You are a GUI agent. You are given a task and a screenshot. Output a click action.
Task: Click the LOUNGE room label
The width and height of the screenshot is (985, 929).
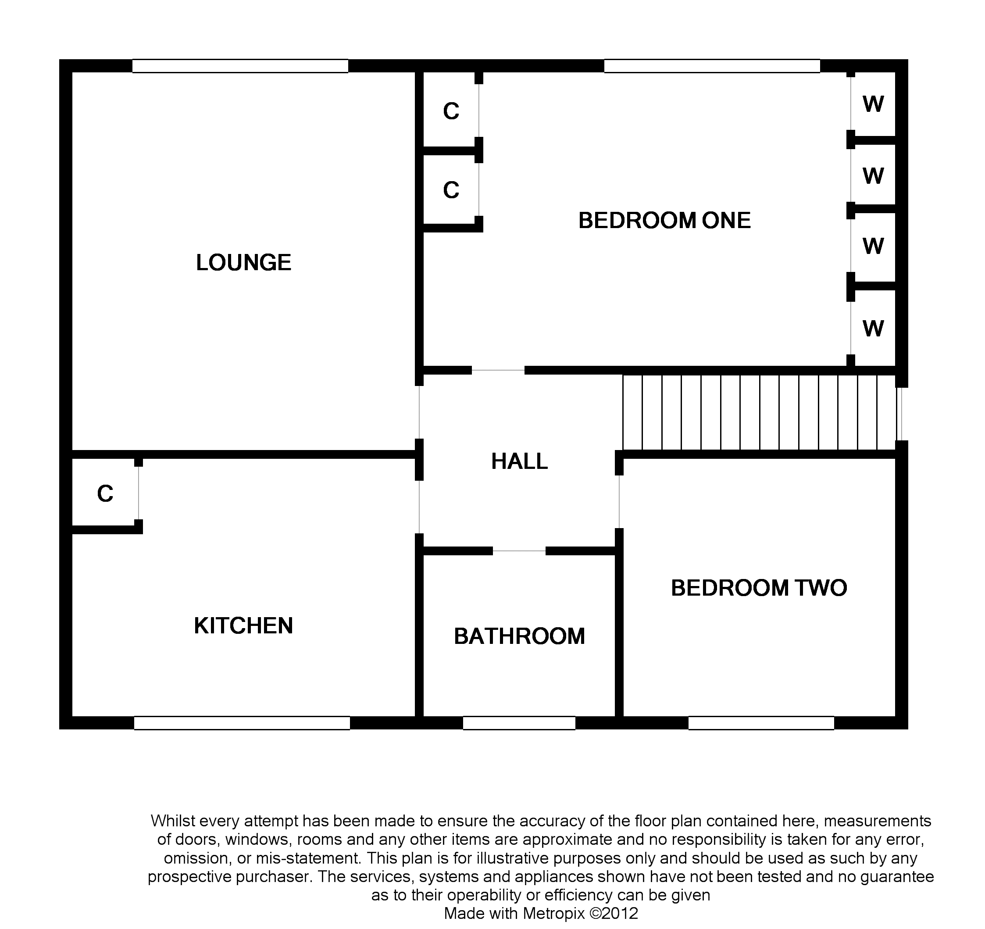[243, 263]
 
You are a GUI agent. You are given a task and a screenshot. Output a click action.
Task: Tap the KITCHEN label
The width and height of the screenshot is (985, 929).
[243, 626]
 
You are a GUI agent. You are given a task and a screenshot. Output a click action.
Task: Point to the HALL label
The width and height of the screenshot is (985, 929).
[519, 461]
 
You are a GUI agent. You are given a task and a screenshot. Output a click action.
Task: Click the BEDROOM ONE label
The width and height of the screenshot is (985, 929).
[664, 221]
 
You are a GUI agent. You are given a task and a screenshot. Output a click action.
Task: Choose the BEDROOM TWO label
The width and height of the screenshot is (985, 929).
[759, 588]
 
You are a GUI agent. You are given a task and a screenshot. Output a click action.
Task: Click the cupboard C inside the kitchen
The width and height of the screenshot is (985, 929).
[105, 493]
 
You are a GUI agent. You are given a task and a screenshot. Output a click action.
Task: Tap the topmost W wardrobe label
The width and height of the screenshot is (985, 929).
[873, 104]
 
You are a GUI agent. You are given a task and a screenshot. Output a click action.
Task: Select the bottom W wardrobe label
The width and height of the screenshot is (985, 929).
[873, 329]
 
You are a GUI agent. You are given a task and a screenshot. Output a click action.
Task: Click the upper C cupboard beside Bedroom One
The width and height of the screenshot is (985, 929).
[451, 111]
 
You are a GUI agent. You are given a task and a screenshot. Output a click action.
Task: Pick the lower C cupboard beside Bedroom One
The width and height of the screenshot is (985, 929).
[451, 190]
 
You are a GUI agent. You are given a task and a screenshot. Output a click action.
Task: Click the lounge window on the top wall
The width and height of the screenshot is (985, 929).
[240, 66]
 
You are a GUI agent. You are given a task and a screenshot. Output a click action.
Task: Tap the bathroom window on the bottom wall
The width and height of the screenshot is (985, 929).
[519, 723]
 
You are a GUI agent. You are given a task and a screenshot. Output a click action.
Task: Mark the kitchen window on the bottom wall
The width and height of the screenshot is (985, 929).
[242, 723]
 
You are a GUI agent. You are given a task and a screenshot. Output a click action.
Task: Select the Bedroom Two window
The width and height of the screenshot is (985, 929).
[761, 723]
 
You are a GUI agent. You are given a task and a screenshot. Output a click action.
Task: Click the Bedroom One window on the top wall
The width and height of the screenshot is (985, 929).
[712, 66]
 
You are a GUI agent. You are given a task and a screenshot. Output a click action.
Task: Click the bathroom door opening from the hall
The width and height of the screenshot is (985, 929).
[519, 551]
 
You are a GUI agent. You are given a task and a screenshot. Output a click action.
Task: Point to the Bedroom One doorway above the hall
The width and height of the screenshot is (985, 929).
[498, 370]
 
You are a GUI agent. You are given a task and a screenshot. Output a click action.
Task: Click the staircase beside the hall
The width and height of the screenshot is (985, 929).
[759, 412]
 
